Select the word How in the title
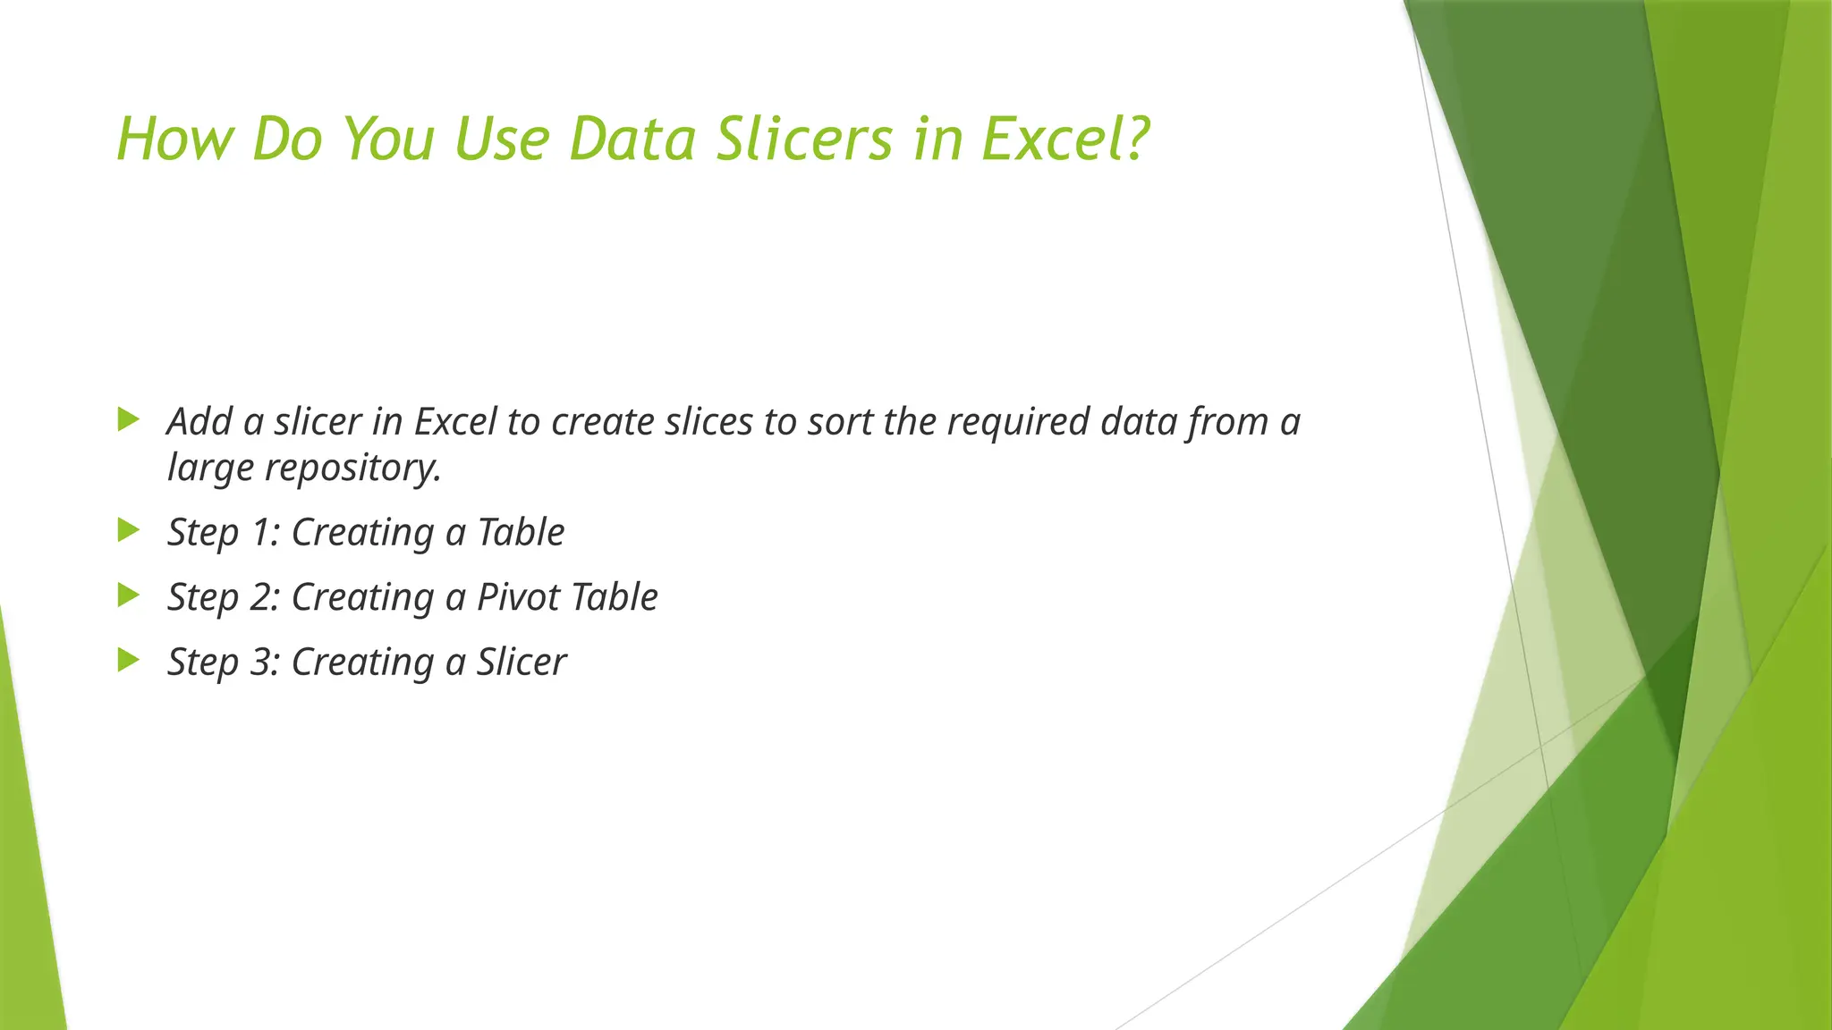point(174,139)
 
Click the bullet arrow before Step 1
point(129,530)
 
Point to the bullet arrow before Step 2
point(129,595)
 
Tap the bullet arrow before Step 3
point(129,661)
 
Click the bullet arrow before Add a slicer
point(129,418)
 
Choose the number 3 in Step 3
point(260,663)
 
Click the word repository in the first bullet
point(352,469)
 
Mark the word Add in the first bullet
point(199,422)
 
